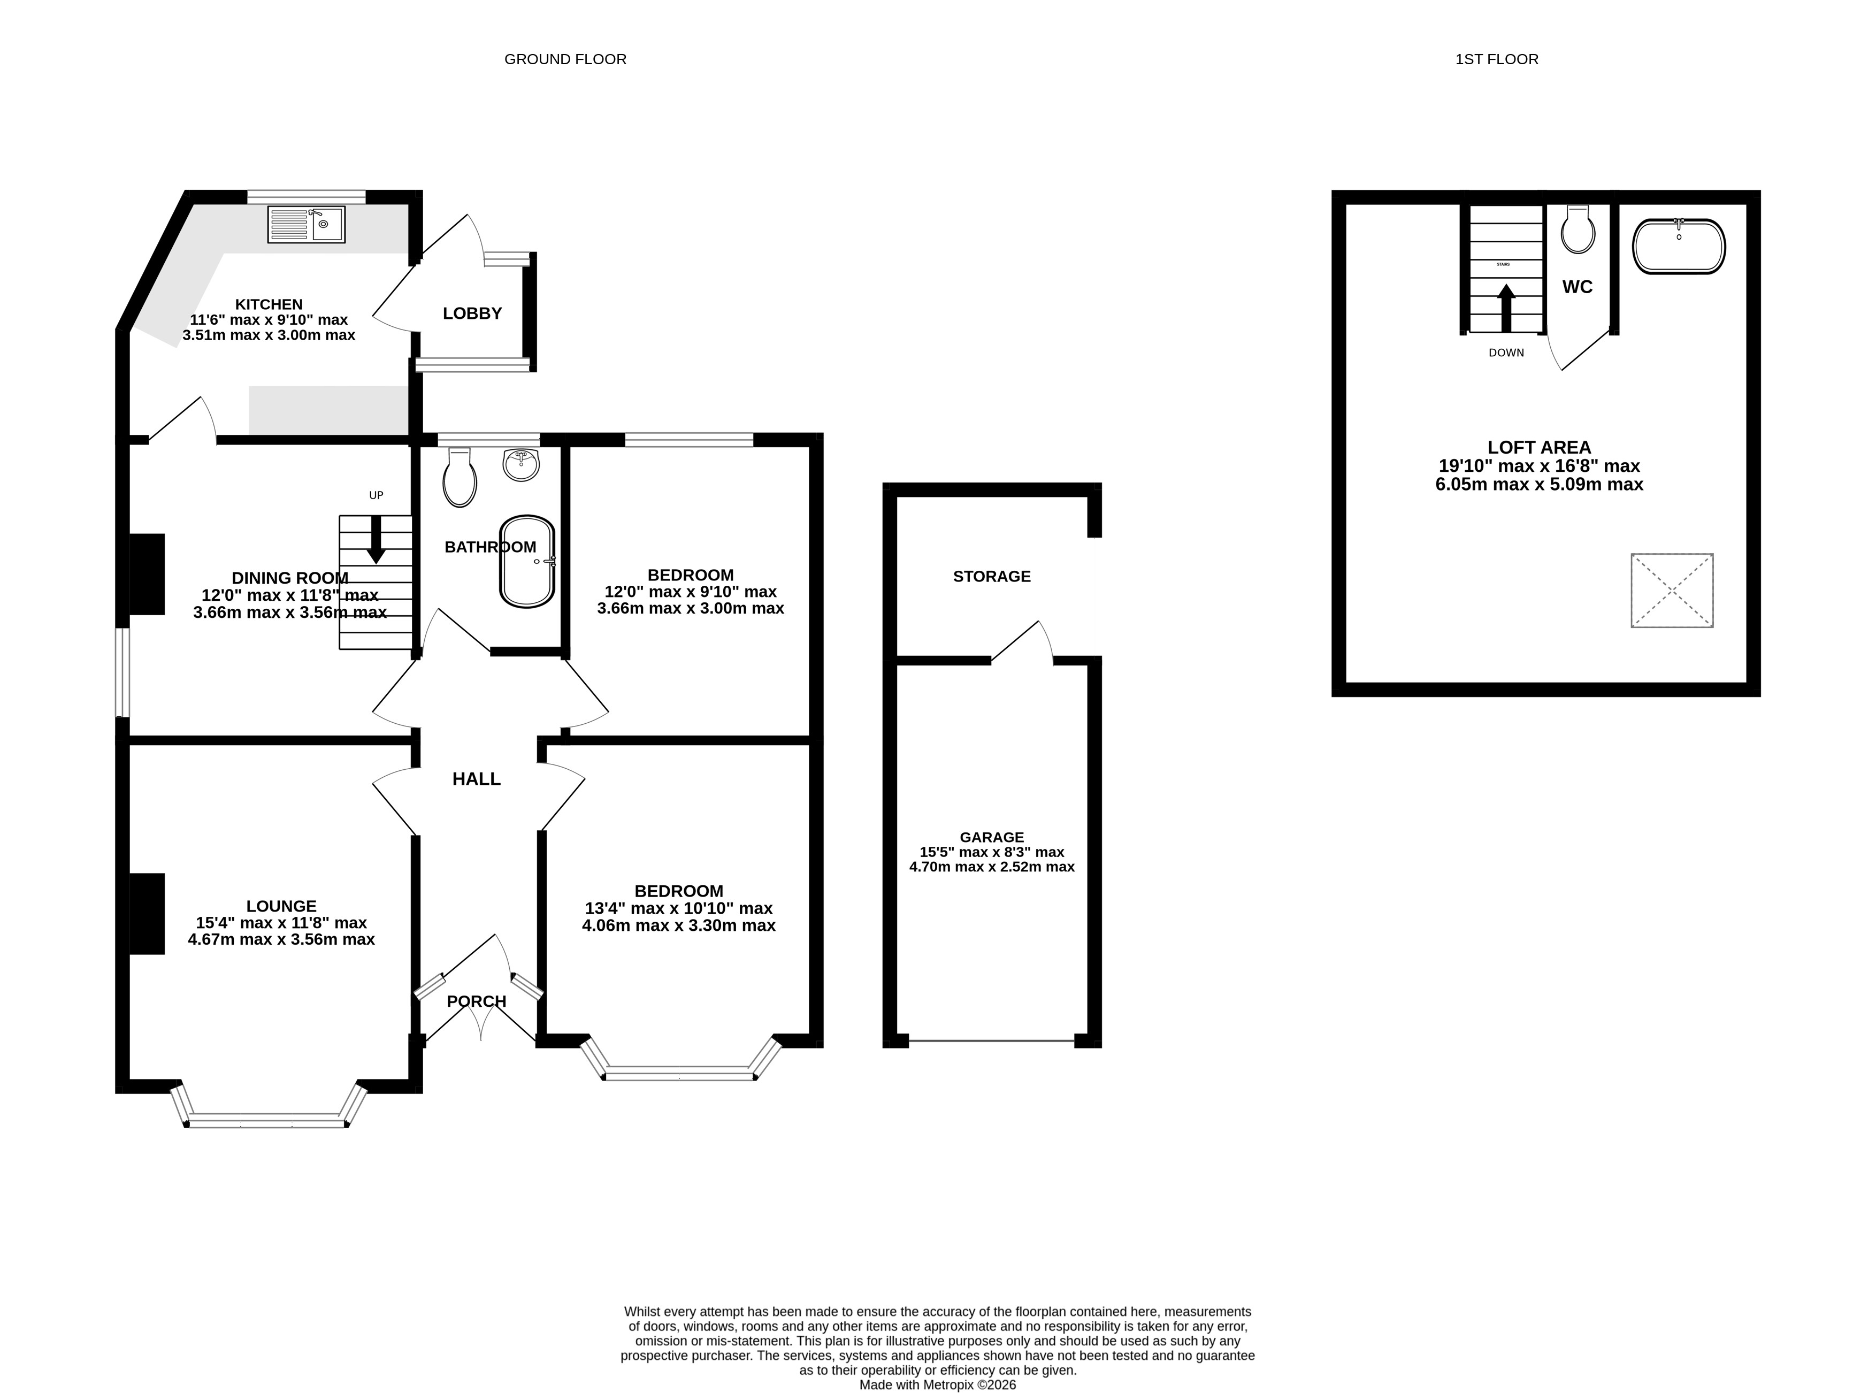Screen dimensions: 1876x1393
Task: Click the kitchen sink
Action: (x=306, y=224)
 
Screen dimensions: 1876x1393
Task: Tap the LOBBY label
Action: (x=472, y=313)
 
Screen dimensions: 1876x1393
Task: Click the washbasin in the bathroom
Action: (x=521, y=465)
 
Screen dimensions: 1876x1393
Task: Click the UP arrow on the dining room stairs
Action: (x=376, y=539)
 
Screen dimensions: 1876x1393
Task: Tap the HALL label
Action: (x=477, y=779)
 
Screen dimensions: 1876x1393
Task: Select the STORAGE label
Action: (x=992, y=577)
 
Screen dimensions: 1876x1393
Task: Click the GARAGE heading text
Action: (x=992, y=837)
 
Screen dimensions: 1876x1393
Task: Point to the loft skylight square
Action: (x=1672, y=590)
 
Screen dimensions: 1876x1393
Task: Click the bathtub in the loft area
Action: (x=1679, y=246)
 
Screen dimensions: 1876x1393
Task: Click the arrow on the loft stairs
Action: (x=1506, y=308)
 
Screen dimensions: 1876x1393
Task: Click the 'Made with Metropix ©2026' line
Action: (x=938, y=1384)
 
